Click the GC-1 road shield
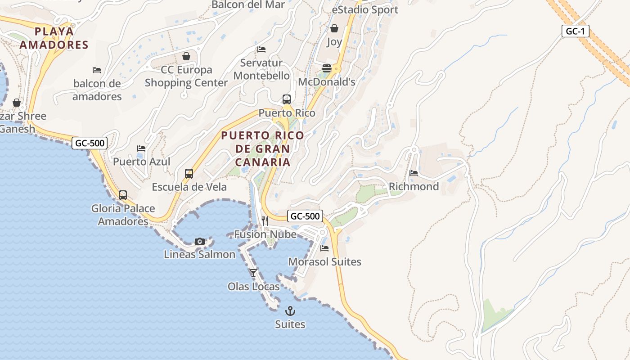pos(575,31)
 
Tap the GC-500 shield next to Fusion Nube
pos(306,216)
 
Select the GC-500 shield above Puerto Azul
pos(90,143)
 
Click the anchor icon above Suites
pos(290,311)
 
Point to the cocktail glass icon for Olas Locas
pos(253,273)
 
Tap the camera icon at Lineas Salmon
pos(200,242)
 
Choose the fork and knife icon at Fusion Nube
pos(265,220)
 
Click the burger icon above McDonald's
pos(327,68)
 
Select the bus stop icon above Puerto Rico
pos(286,99)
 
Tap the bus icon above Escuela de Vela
pos(189,174)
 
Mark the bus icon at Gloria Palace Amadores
pos(123,195)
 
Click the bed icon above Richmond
pos(414,173)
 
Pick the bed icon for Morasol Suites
pos(324,248)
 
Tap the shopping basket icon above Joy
pos(334,29)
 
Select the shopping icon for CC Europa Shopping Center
pos(186,56)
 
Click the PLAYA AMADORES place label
pos(54,38)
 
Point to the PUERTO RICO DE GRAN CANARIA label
pos(263,148)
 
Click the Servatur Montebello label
pos(261,69)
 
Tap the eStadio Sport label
pos(365,9)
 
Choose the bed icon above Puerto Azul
pos(141,148)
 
